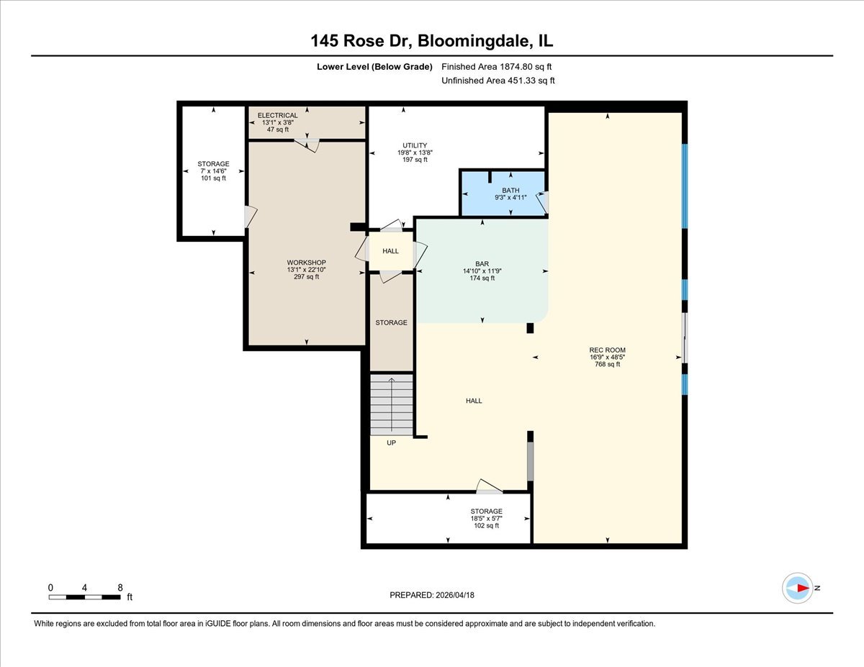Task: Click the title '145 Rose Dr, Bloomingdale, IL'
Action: [x=432, y=42]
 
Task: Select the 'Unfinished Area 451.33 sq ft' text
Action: [x=498, y=81]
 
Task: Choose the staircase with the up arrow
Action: [x=392, y=405]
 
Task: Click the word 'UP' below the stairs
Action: [x=392, y=443]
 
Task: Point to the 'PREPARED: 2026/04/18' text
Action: [x=433, y=595]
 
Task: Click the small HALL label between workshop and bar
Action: [x=390, y=251]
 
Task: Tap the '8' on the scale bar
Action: [x=119, y=587]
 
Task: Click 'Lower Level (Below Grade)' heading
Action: [x=374, y=67]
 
